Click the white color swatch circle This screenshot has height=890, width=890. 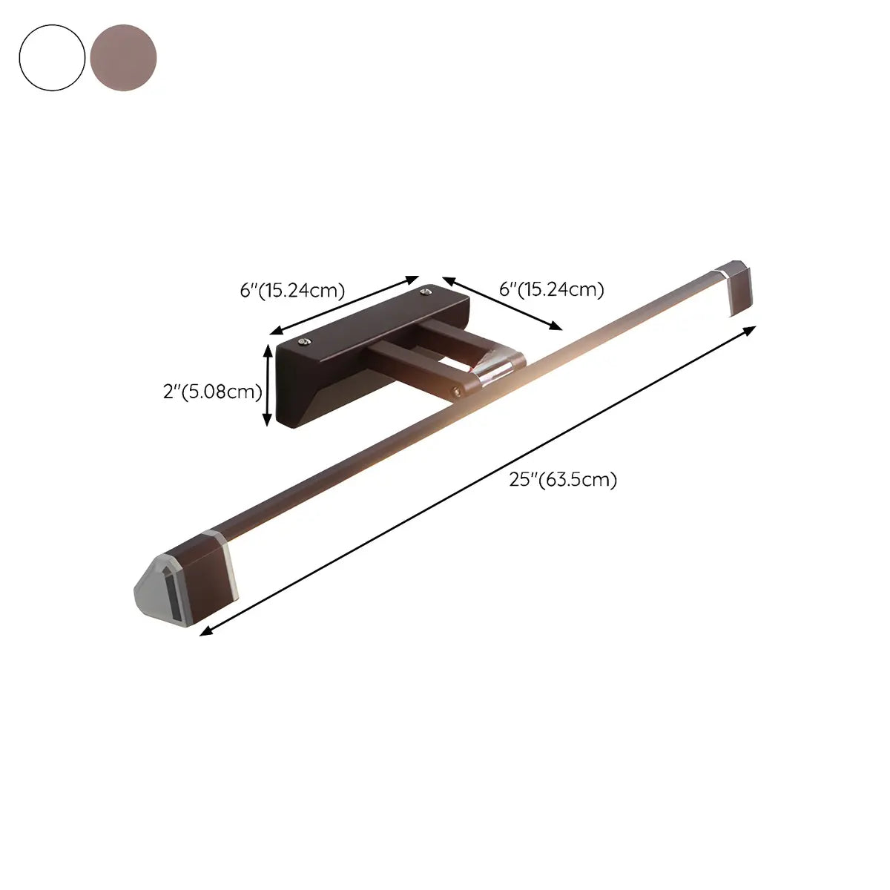52,58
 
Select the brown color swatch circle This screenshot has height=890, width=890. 123,58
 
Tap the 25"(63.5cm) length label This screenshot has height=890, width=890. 563,479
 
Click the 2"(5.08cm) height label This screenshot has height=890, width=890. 212,392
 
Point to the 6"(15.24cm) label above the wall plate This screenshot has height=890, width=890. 292,290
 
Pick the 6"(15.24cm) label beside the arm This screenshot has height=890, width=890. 552,289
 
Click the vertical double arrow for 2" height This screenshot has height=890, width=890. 268,385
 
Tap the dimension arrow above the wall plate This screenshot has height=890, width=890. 344,305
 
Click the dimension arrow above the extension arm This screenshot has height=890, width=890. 502,303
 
